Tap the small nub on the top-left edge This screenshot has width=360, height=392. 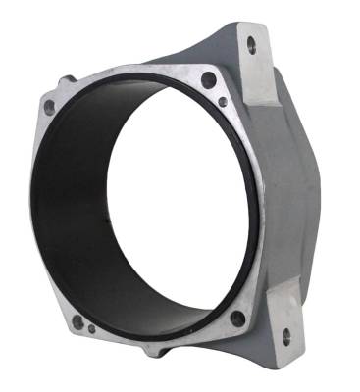(x=67, y=78)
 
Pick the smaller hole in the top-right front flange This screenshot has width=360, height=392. (x=224, y=101)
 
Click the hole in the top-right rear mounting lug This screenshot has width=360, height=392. (x=252, y=43)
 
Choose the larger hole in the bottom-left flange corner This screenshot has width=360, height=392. (x=77, y=320)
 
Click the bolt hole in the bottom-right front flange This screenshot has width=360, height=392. (x=236, y=318)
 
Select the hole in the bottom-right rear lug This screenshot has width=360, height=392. (x=286, y=335)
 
